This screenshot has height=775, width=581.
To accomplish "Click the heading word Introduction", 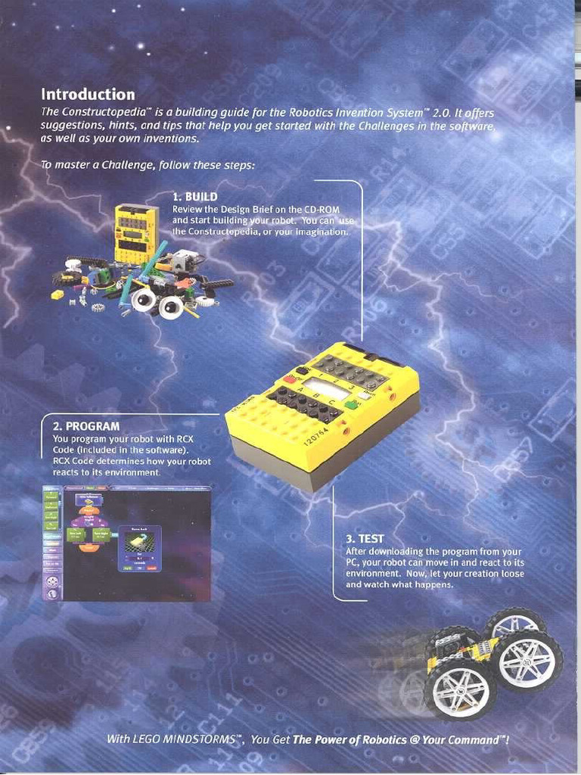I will [88, 95].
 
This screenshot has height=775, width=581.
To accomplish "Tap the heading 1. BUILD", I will [195, 198].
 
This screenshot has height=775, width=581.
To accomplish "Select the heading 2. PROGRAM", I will [86, 427].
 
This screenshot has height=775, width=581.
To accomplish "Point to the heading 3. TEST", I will [365, 539].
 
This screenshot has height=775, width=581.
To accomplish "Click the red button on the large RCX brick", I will [290, 378].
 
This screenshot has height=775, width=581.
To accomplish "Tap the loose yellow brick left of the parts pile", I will [57, 294].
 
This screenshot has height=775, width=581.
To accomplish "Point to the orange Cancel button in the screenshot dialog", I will [153, 568].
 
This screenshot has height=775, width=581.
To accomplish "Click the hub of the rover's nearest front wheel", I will [460, 689].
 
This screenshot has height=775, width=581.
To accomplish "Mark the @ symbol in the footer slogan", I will [415, 739].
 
